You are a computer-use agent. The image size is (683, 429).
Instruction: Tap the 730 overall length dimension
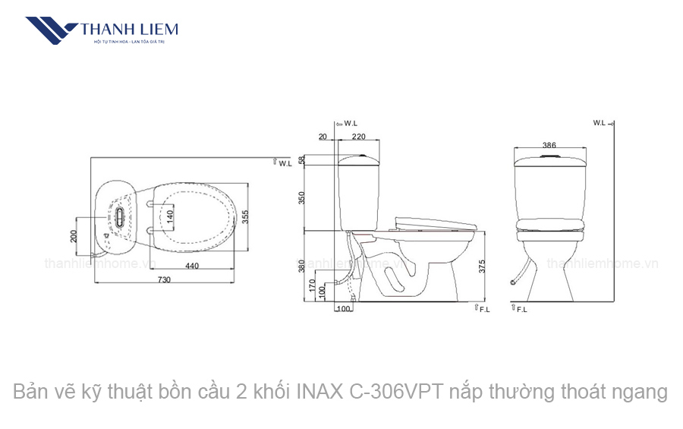click(x=164, y=279)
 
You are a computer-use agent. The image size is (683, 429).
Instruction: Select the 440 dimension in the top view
click(x=191, y=266)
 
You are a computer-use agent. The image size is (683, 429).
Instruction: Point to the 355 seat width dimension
click(x=245, y=216)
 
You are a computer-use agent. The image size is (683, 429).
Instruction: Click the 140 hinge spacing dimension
click(x=170, y=215)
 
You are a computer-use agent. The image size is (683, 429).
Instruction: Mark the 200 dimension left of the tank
click(x=74, y=235)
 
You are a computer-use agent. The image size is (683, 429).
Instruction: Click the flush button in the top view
click(x=119, y=216)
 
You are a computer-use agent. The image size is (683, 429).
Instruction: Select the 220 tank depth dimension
click(x=358, y=137)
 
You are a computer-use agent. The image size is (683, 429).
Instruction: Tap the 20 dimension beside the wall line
click(x=323, y=137)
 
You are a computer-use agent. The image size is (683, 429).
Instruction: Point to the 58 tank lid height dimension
click(x=301, y=160)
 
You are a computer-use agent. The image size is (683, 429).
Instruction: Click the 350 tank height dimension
click(x=301, y=197)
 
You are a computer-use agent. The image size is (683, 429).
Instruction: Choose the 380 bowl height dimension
click(x=301, y=266)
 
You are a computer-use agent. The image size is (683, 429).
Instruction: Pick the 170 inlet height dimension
click(x=312, y=285)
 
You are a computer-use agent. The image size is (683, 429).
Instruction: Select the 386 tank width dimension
click(x=550, y=144)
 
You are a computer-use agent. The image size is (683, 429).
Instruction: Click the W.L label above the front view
click(x=600, y=122)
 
